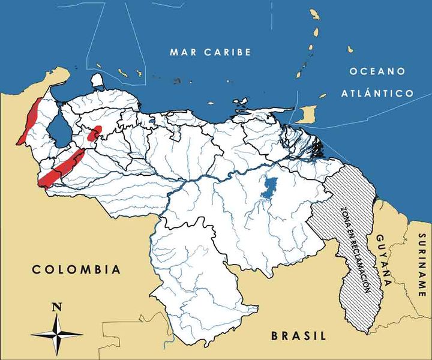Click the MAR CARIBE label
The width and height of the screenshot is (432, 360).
pos(209,52)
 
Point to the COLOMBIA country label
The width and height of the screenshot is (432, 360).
pos(76,269)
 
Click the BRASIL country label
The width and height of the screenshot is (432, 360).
pos(298,335)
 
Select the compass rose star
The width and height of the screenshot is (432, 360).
pos(57,333)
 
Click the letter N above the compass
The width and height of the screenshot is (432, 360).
pos(57,307)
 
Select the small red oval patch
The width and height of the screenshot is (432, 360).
pos(94,134)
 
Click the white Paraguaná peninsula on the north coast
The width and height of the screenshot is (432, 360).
pos(97,80)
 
